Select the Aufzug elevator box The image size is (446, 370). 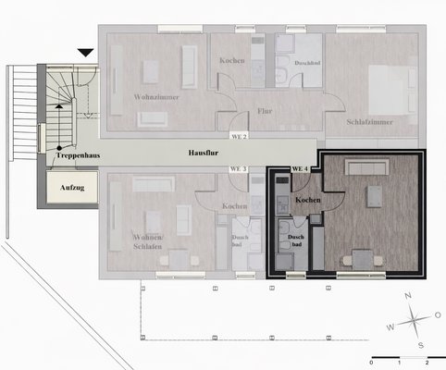coord(66,188)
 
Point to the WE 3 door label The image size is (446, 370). coord(239,169)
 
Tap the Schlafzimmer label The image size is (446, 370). coord(371,121)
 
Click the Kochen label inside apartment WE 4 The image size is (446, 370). coord(307,200)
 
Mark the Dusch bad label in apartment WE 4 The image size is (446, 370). coord(295,240)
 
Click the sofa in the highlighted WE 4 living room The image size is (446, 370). coord(367,167)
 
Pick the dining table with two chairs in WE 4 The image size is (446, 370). coord(361,260)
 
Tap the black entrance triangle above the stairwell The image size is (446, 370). coord(86,55)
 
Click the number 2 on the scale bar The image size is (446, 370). coord(427,363)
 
